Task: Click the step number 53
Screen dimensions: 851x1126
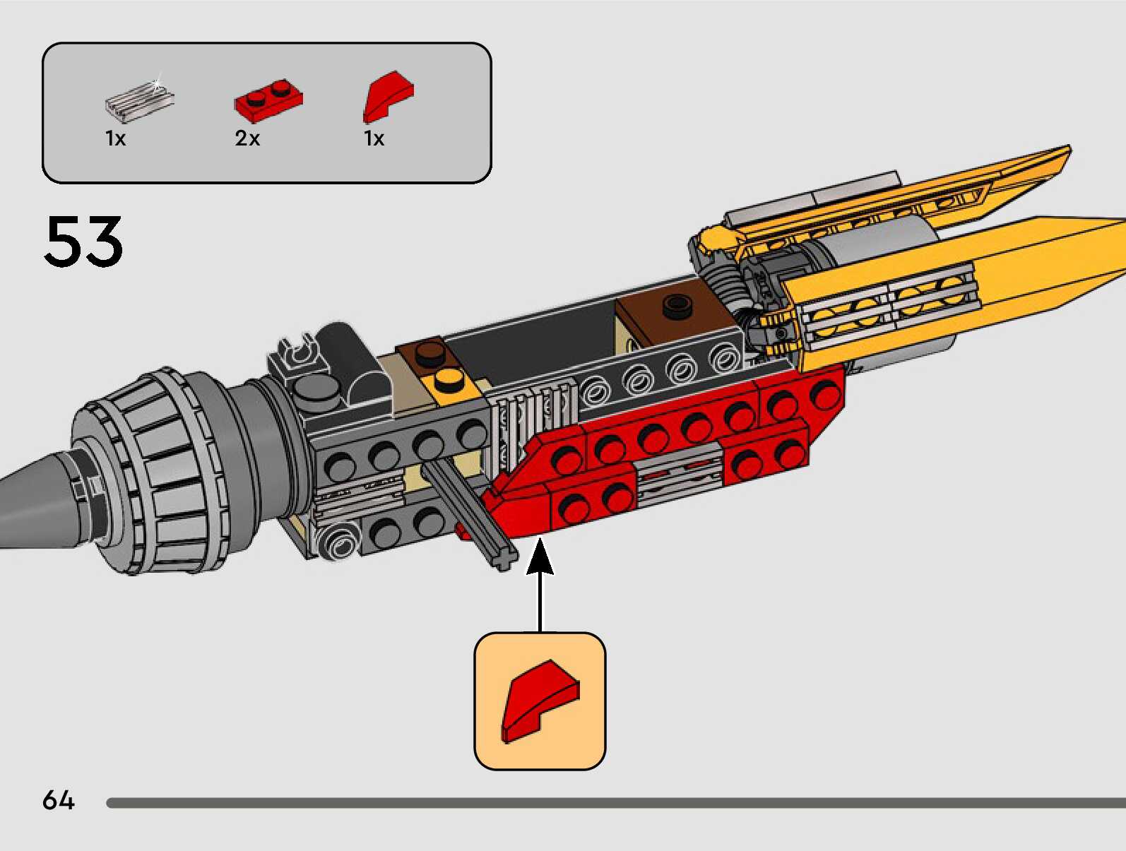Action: pyautogui.click(x=83, y=242)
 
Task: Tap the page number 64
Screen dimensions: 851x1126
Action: pyautogui.click(x=58, y=800)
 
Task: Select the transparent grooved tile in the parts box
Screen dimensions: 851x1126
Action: pyautogui.click(x=139, y=99)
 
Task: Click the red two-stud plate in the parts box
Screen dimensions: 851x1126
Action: pyautogui.click(x=268, y=99)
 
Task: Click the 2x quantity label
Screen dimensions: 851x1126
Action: pyautogui.click(x=247, y=138)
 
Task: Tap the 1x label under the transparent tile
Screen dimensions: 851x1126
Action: pyautogui.click(x=115, y=138)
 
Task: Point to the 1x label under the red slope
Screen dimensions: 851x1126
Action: pyautogui.click(x=374, y=138)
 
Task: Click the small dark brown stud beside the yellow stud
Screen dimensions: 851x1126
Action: pyautogui.click(x=427, y=351)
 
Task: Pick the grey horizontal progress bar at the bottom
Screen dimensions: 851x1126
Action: pyautogui.click(x=615, y=803)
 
